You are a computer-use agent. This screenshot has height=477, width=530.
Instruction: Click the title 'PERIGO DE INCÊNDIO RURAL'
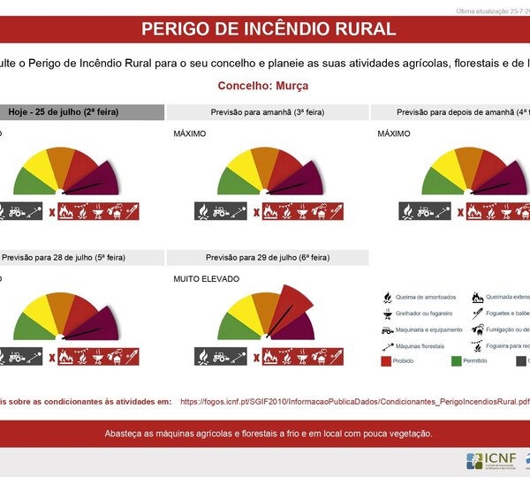[x=269, y=28]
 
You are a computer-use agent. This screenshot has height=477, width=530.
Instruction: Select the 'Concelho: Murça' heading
[x=263, y=87]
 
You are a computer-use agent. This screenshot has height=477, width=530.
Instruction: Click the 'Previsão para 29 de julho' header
[x=267, y=257]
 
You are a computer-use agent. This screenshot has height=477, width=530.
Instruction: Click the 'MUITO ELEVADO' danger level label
[x=207, y=278]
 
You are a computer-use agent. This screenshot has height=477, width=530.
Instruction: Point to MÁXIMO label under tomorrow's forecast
[x=190, y=133]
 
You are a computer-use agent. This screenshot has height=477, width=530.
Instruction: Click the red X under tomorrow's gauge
[x=256, y=212]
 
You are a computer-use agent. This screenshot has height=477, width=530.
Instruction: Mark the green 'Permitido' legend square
[x=457, y=360]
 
